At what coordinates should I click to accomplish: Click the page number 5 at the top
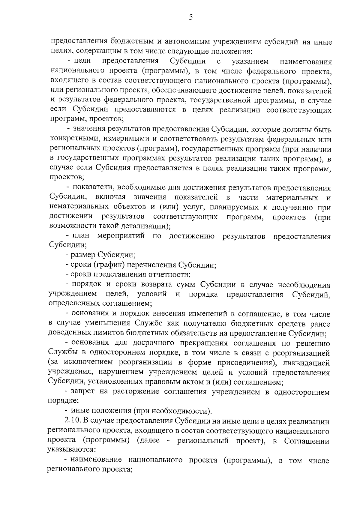pos(191,17)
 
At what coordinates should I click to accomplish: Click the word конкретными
pos(71,139)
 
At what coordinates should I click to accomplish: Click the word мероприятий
pos(121,236)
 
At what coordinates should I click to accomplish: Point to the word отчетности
pos(168,274)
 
